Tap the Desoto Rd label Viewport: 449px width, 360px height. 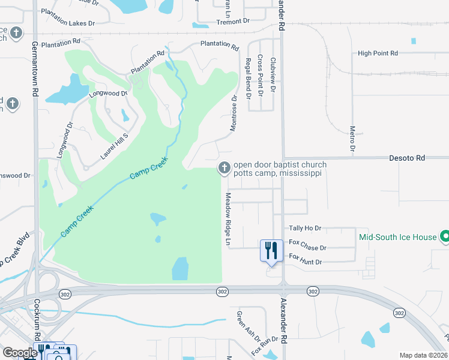point(408,158)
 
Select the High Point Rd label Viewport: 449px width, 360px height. point(378,53)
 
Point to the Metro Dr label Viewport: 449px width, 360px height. point(352,139)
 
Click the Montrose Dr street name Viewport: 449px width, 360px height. point(234,113)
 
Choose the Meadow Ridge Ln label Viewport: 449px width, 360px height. point(228,219)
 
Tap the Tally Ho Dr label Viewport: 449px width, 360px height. point(305,229)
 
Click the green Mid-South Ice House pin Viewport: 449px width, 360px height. point(445,237)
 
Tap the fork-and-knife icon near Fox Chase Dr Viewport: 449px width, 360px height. point(271,250)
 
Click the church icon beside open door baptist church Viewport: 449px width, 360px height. point(224,168)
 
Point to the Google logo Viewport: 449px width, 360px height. point(19,353)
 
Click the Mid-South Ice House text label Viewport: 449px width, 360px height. point(397,237)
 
